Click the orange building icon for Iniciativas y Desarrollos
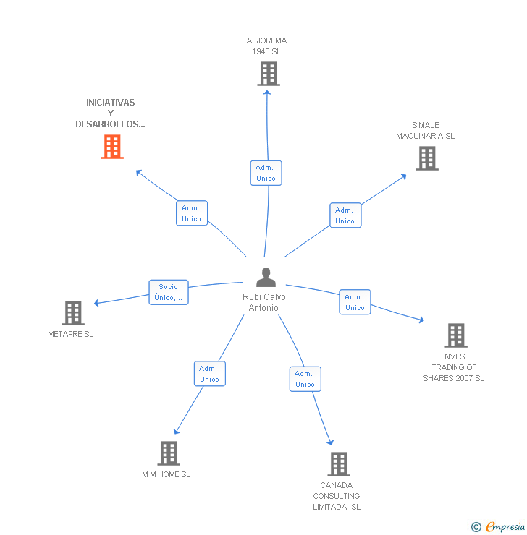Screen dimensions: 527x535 click(x=111, y=147)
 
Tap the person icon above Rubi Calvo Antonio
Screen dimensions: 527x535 click(x=266, y=278)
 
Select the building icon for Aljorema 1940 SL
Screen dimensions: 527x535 click(x=268, y=74)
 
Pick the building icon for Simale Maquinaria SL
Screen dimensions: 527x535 click(x=426, y=158)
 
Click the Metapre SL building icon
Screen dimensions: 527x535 click(x=73, y=313)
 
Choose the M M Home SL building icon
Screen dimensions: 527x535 click(x=168, y=453)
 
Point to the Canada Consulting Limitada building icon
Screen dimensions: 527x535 click(x=338, y=464)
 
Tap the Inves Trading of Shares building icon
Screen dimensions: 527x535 click(x=455, y=335)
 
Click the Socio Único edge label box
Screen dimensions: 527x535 click(x=169, y=292)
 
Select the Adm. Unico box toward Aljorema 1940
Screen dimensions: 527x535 click(x=266, y=173)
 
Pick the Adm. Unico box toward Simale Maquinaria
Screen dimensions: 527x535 click(x=345, y=215)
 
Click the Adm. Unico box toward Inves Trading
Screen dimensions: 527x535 click(x=355, y=302)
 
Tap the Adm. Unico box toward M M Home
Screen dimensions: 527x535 click(x=209, y=374)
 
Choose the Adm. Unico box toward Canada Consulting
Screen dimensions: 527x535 click(x=305, y=379)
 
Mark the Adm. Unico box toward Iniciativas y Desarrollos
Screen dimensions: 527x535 click(x=192, y=213)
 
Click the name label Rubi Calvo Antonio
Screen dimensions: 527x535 click(x=264, y=302)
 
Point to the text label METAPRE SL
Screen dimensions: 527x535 click(x=71, y=334)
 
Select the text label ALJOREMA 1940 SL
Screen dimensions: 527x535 click(x=266, y=46)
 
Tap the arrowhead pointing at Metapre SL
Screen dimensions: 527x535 click(x=97, y=303)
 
